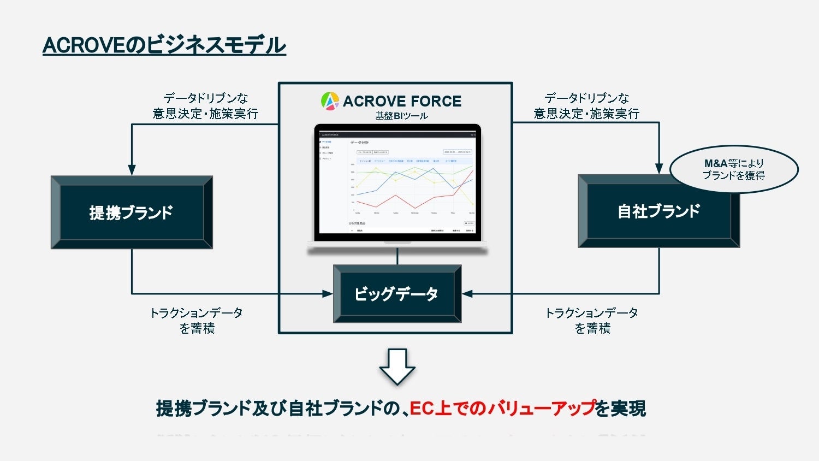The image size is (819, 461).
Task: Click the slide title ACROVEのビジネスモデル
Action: click(x=164, y=45)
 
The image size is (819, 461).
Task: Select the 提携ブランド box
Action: click(x=132, y=212)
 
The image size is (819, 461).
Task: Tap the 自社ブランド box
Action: click(x=658, y=211)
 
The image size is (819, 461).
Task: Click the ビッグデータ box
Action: click(x=397, y=294)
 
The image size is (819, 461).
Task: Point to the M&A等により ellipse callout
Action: click(x=733, y=169)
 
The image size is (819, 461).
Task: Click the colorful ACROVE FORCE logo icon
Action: click(x=330, y=101)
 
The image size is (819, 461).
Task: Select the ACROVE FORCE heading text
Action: click(x=402, y=101)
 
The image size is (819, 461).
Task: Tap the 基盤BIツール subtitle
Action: click(x=401, y=116)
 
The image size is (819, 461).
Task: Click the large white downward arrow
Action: click(x=397, y=366)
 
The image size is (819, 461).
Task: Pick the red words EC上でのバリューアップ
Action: click(x=502, y=409)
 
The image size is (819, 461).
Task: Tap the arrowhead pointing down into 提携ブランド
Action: click(x=132, y=170)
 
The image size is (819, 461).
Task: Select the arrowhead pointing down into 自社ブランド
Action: click(x=659, y=169)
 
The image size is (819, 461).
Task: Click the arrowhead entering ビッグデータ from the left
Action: click(x=328, y=294)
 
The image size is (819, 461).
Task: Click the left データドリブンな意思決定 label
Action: click(x=205, y=106)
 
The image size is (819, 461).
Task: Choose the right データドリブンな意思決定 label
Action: click(x=586, y=106)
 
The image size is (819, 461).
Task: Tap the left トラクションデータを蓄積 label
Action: click(x=197, y=321)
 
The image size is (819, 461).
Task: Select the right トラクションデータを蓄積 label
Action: click(x=592, y=321)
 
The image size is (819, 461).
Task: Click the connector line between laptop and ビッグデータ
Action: click(x=397, y=257)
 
